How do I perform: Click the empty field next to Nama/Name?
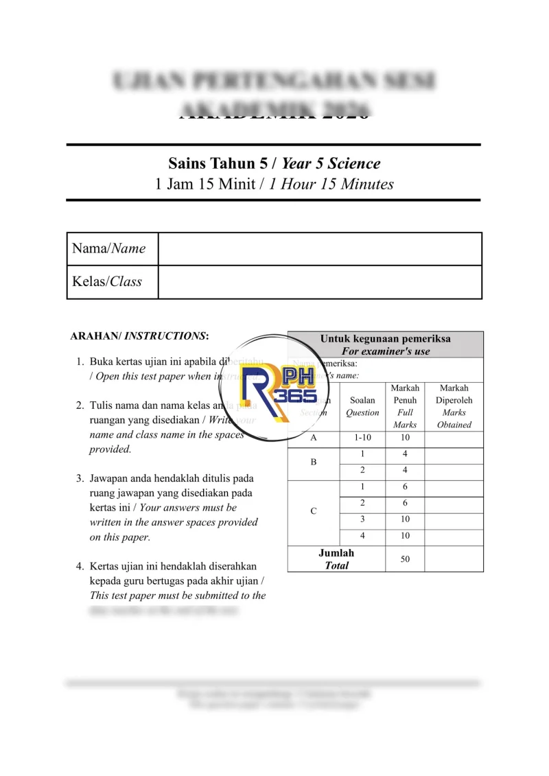tap(320, 249)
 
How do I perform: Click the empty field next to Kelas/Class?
tap(320, 282)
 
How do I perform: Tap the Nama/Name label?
tap(109, 249)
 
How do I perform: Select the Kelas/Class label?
tap(107, 282)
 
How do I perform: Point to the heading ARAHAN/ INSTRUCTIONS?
tap(139, 336)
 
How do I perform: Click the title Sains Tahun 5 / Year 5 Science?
tap(274, 163)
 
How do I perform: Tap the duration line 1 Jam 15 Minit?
tap(274, 184)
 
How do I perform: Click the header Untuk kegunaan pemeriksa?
tap(385, 344)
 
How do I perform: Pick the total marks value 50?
tap(405, 559)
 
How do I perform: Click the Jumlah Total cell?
tap(336, 559)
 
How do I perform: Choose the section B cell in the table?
tap(314, 462)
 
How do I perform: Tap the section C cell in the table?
tap(314, 511)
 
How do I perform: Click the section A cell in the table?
tap(314, 437)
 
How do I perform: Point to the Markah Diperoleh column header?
tap(454, 406)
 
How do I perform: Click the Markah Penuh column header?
tap(405, 406)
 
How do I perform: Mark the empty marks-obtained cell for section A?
tap(454, 437)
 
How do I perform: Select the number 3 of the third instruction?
tap(80, 478)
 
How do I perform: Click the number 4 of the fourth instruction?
tap(80, 566)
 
